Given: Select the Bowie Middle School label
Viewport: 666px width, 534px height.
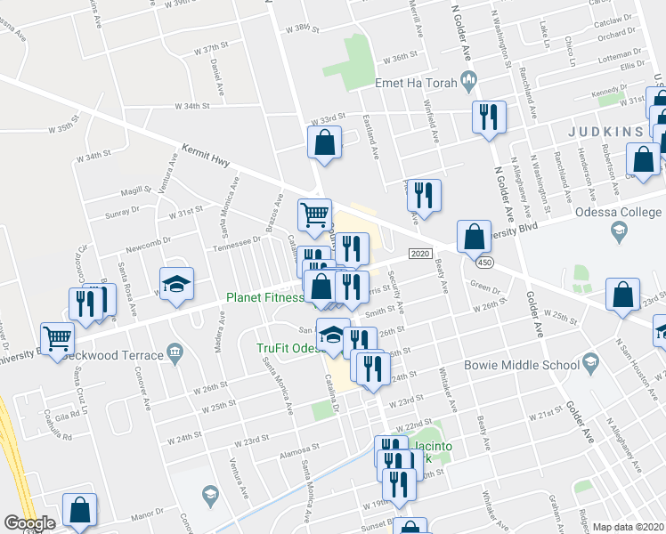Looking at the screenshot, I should coord(521,365).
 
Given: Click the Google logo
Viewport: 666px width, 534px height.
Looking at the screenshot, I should coord(28,523).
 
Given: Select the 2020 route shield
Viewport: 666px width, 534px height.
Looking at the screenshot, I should coord(421,254).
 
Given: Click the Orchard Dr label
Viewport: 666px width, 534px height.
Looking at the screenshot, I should coord(615,36).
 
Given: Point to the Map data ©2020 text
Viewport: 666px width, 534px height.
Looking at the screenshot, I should coord(627,527).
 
